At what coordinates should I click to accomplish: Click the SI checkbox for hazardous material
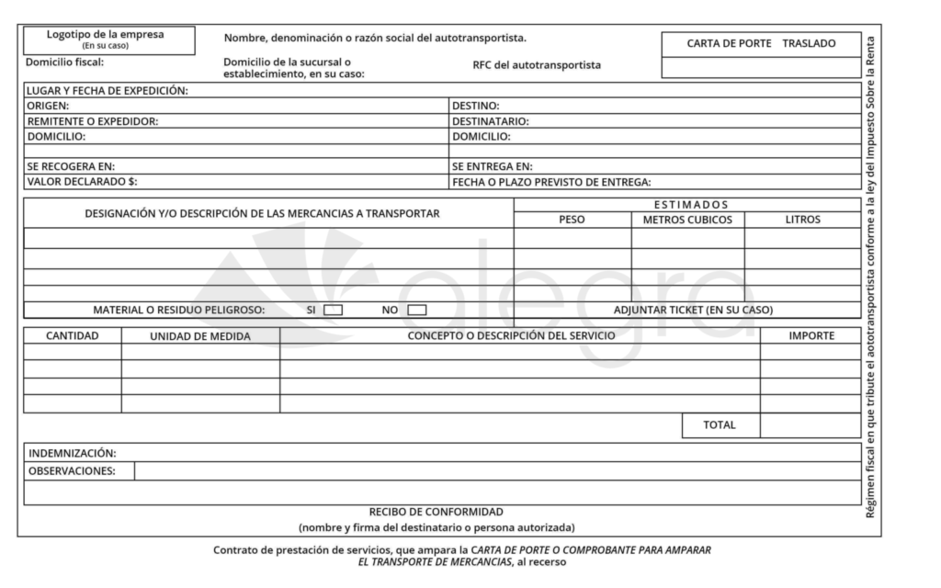(x=333, y=310)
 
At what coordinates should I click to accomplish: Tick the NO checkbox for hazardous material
(x=416, y=310)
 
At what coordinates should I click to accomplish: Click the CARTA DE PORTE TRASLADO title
(x=761, y=43)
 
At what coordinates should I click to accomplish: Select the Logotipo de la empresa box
(x=106, y=39)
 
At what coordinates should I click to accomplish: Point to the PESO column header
(x=572, y=220)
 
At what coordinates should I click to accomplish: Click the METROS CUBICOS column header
(x=686, y=220)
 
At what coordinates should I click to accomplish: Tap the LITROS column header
(x=802, y=220)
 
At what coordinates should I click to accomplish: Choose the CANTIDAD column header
(x=72, y=335)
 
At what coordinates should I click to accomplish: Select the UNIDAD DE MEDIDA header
(x=200, y=336)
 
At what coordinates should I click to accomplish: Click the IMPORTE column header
(x=811, y=335)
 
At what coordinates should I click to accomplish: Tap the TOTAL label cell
(x=719, y=424)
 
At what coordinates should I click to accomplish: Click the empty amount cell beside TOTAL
(x=811, y=424)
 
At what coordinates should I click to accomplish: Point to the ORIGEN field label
(x=49, y=106)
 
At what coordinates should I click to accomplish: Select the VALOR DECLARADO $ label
(x=83, y=181)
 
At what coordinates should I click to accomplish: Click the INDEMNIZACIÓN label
(x=73, y=453)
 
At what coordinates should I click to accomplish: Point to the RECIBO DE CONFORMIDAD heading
(x=436, y=512)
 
